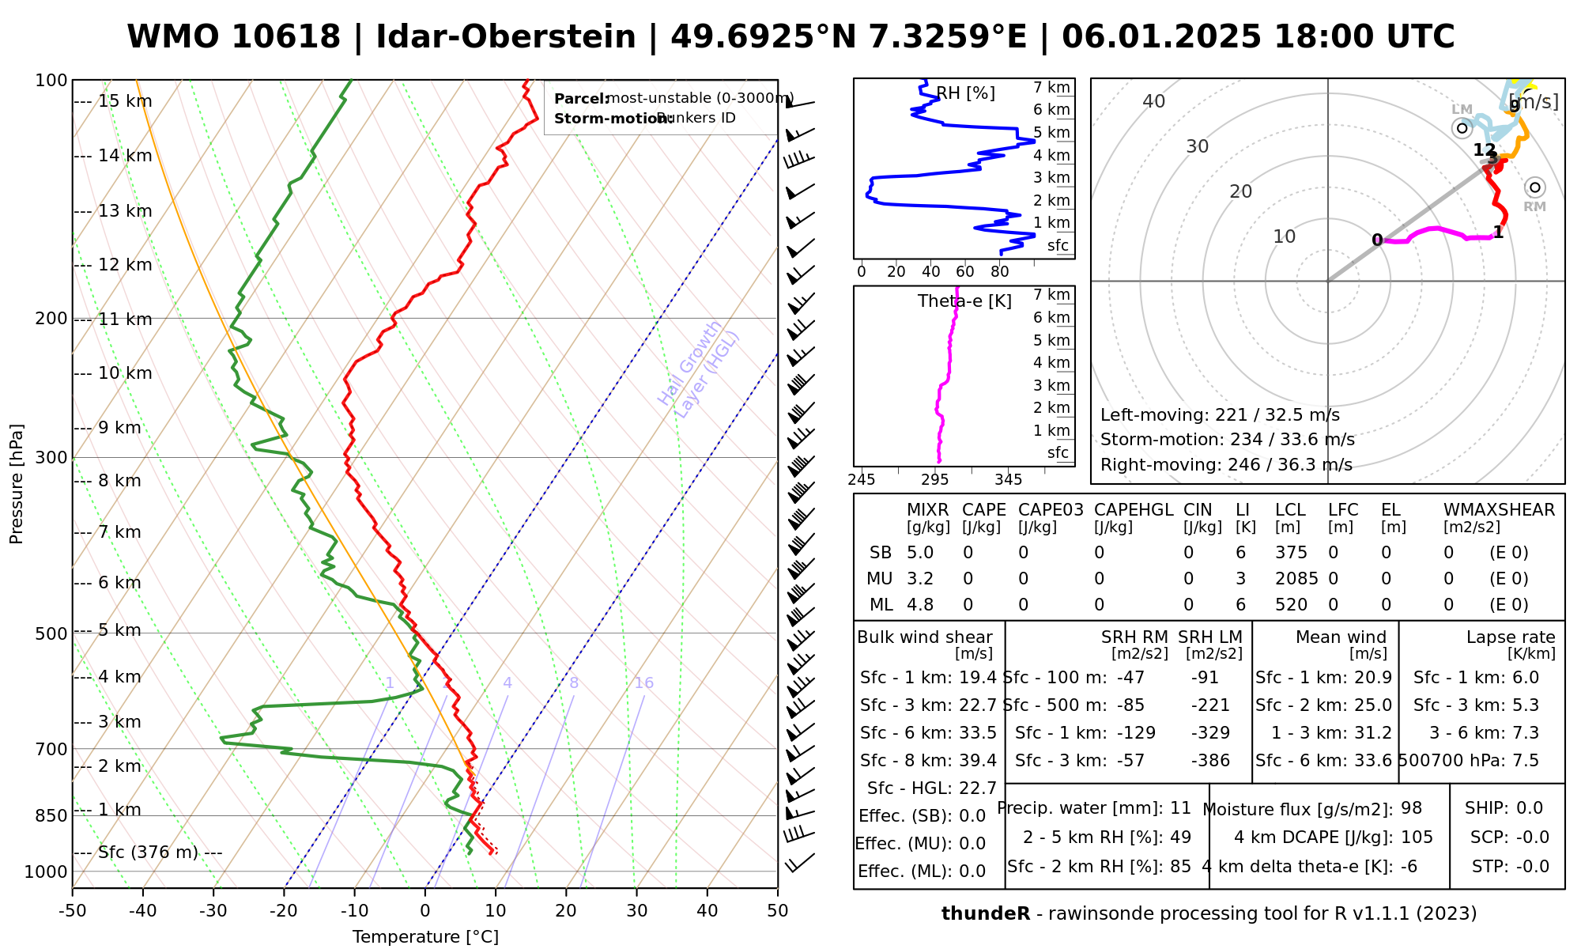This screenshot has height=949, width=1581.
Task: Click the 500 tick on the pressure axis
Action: click(52, 633)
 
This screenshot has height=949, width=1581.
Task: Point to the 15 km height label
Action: click(124, 101)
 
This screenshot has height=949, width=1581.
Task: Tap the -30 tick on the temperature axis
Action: click(213, 911)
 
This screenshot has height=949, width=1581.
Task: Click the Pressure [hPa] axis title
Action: click(17, 484)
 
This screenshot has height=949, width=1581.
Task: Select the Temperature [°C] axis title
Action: click(425, 937)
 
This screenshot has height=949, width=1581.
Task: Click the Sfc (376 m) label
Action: click(148, 853)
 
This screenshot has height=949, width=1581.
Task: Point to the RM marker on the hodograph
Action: click(1534, 187)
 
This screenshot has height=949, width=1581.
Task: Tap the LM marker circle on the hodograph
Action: click(1462, 127)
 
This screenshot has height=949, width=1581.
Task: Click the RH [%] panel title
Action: click(965, 93)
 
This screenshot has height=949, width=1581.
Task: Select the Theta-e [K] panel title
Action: click(964, 301)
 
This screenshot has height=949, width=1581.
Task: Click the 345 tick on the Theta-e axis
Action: click(1008, 480)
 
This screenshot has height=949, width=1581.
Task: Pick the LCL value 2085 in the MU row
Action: click(1296, 579)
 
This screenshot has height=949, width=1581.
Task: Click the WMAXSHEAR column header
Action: click(1499, 510)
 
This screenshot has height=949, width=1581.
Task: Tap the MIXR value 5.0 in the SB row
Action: click(920, 553)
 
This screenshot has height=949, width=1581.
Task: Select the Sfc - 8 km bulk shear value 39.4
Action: click(978, 761)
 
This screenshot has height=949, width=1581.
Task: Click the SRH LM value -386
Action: click(1210, 761)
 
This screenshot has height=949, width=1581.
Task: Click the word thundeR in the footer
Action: click(985, 914)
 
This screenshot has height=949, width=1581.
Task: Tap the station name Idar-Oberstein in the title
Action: click(506, 37)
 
